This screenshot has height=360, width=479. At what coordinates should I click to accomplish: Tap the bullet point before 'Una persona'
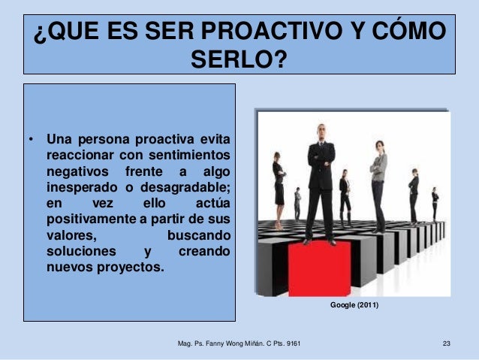click(31, 140)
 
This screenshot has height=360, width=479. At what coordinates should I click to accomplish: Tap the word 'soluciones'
click(81, 250)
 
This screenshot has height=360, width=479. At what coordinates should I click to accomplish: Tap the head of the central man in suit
click(321, 131)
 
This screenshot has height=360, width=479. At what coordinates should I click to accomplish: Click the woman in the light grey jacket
click(378, 180)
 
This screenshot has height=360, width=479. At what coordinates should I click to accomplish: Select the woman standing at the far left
click(279, 184)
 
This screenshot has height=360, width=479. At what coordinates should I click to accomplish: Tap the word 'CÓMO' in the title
click(405, 34)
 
